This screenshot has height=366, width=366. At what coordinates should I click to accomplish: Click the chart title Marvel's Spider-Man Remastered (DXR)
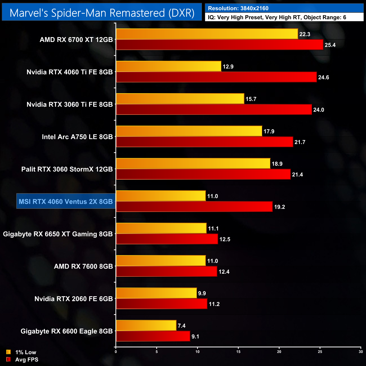(102, 13)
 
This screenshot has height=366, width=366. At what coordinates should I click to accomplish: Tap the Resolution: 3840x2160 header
(238, 8)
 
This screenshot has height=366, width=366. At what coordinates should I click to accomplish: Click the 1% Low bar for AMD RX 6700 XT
(207, 34)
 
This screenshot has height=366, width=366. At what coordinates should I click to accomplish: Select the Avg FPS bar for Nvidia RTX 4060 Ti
(216, 77)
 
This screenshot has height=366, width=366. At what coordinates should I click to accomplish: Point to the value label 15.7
(251, 99)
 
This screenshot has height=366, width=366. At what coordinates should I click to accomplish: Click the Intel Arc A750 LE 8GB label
(77, 137)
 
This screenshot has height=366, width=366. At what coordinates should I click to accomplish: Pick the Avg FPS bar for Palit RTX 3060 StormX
(203, 174)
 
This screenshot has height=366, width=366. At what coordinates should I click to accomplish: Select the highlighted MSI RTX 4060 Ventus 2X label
(66, 202)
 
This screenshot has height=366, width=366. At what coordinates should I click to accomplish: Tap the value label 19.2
(280, 207)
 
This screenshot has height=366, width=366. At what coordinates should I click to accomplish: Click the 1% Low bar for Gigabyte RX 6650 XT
(161, 228)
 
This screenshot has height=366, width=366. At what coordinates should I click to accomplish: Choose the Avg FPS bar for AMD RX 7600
(167, 272)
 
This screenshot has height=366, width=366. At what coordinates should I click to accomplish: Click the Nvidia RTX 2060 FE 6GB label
(73, 299)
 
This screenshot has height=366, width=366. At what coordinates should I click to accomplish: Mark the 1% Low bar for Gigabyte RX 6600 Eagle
(146, 325)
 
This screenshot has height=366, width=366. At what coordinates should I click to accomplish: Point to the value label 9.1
(195, 337)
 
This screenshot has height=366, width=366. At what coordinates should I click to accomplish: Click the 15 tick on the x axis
(238, 352)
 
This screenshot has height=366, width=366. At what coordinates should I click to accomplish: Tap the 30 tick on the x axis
(361, 352)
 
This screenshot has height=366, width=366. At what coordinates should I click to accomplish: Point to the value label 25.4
(330, 45)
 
